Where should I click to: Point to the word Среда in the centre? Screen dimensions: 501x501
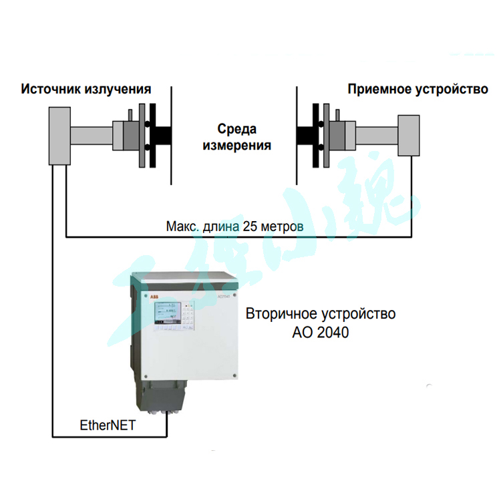pyautogui.click(x=237, y=129)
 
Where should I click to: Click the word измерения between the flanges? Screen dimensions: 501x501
pyautogui.click(x=237, y=145)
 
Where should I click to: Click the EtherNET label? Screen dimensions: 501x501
pyautogui.click(x=107, y=425)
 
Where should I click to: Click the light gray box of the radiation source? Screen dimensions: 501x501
pyautogui.click(x=59, y=138)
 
